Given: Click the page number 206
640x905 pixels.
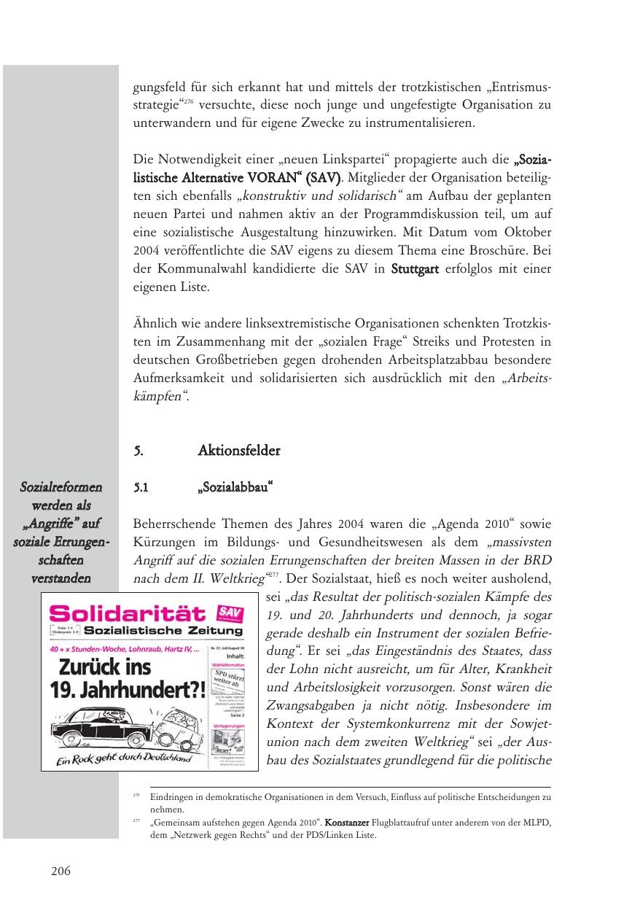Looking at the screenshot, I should [61, 871].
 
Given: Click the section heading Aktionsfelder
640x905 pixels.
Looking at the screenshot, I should [238, 451].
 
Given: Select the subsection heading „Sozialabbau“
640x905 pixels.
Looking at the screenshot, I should [235, 488].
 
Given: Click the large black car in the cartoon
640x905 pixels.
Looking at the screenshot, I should [102, 718].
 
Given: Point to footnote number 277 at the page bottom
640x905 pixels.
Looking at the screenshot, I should [136, 822].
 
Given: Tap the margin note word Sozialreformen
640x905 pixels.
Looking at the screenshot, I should [61, 487].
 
